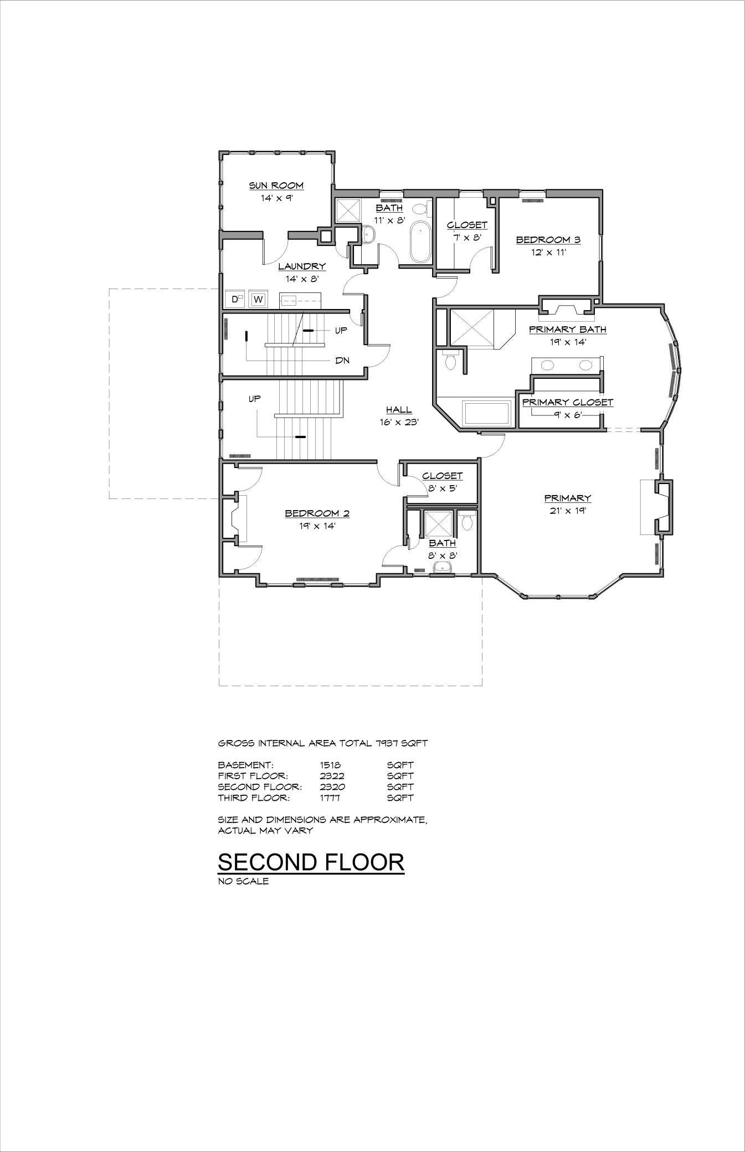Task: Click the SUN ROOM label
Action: [x=276, y=186]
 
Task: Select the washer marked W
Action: [x=258, y=300]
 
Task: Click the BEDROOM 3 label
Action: [x=548, y=240]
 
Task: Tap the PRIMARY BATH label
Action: [x=567, y=330]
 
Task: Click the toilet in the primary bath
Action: [x=450, y=361]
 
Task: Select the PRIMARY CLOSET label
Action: [x=567, y=402]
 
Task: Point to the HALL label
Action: [x=399, y=410]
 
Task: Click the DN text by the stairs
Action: [x=342, y=360]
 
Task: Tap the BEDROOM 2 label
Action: [x=317, y=513]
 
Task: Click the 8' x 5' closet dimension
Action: [x=441, y=488]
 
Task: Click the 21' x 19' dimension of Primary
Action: [x=567, y=511]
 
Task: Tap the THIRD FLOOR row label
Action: [x=253, y=798]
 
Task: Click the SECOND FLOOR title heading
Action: [x=311, y=862]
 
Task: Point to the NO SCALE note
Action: [x=243, y=881]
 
